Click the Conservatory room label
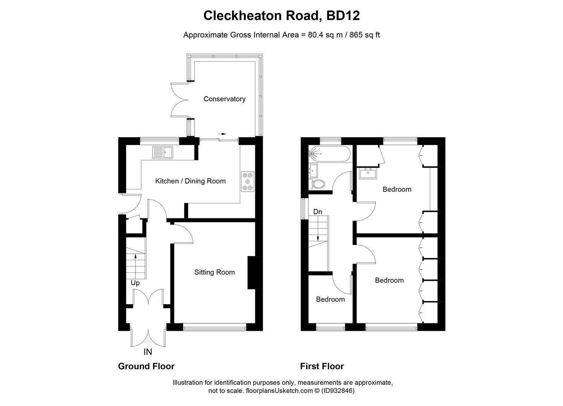tap(224, 99)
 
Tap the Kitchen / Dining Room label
tap(190, 181)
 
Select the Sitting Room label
tap(214, 272)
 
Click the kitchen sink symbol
tap(162, 152)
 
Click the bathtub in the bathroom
tap(330, 154)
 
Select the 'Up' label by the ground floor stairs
tap(135, 283)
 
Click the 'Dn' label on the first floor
tap(318, 212)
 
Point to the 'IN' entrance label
tap(148, 352)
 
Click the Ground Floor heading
tap(146, 366)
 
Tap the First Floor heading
tap(322, 366)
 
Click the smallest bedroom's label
tap(330, 299)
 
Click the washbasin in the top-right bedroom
tap(368, 174)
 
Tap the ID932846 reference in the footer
tap(338, 391)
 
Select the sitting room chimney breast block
tap(251, 273)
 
